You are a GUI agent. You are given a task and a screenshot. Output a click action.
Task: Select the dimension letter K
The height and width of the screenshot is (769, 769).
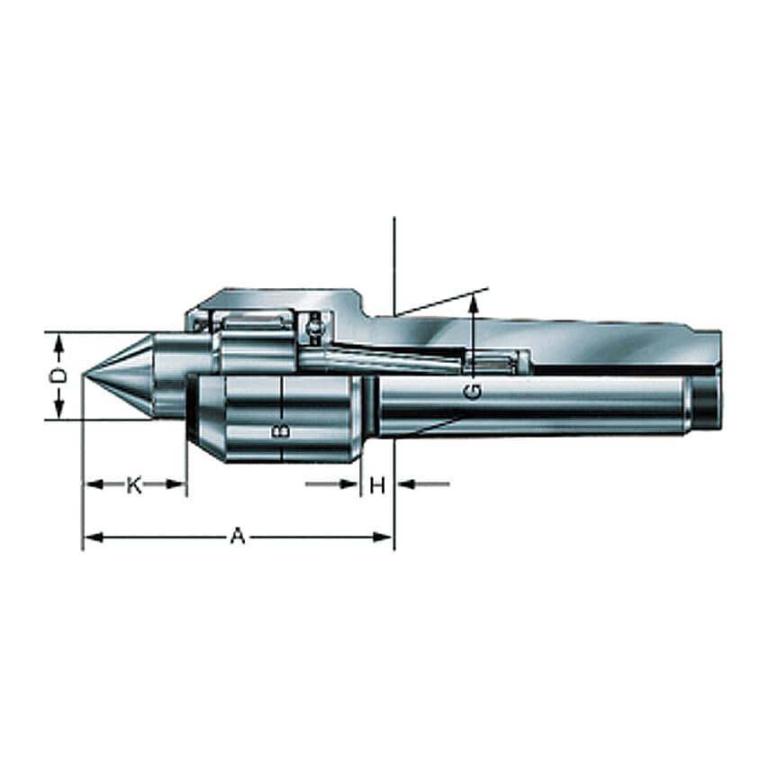[133, 485]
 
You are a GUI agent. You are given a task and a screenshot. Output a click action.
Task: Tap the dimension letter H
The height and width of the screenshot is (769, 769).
[377, 485]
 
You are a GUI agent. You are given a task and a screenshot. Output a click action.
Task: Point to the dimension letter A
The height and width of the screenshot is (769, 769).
[237, 538]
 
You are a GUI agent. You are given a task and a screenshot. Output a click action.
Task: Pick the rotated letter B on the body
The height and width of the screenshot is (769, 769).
[281, 430]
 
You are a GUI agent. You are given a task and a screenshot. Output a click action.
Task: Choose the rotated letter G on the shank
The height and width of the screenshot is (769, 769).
[473, 392]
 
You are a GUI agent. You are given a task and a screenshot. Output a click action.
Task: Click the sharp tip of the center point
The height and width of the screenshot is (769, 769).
[83, 375]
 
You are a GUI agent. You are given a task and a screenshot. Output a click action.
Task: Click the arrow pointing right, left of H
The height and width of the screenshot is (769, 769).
[352, 484]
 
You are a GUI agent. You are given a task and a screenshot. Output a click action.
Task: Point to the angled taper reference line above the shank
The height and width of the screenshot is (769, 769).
[441, 302]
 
